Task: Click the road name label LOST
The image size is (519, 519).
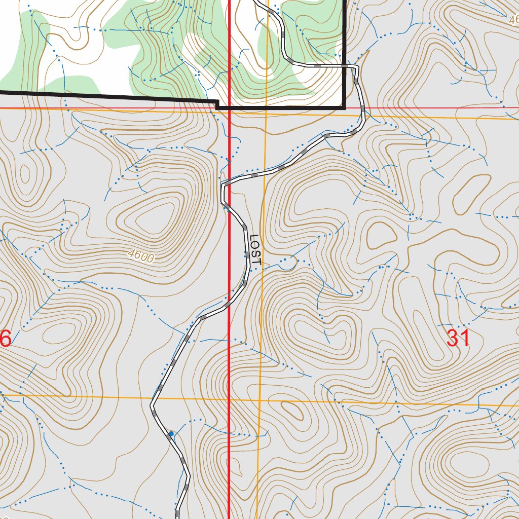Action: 255,250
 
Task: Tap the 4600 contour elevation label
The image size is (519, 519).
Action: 141,256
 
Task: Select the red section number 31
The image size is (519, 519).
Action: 458,339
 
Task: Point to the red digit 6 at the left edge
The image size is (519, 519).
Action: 5,339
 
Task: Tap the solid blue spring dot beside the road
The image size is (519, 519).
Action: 171,433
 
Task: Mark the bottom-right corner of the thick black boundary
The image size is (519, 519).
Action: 345,107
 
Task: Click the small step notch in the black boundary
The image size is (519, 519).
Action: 217,104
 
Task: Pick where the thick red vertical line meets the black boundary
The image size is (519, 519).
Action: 230,107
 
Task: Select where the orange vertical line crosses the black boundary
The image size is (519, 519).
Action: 265,107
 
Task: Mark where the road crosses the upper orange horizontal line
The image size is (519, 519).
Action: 364,116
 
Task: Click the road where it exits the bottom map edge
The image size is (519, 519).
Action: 178,516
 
